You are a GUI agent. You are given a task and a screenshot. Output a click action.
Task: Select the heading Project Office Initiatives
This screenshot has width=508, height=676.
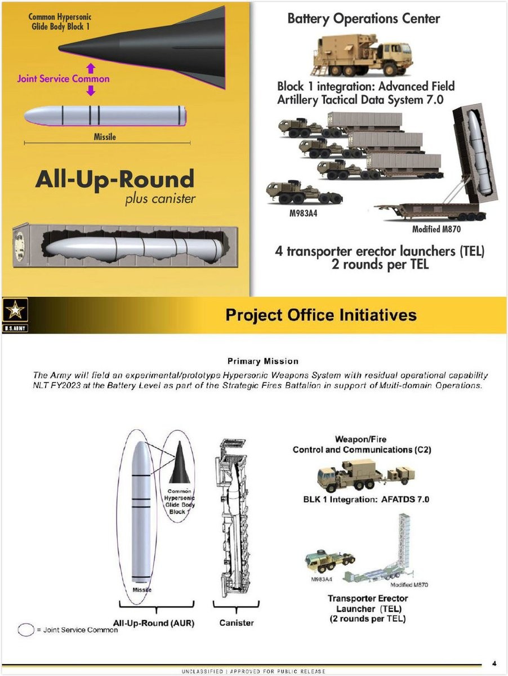click(x=320, y=314)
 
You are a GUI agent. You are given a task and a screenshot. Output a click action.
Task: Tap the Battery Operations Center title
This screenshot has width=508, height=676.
click(x=363, y=19)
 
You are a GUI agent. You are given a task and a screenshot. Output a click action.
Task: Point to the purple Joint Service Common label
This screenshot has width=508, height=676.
click(x=63, y=78)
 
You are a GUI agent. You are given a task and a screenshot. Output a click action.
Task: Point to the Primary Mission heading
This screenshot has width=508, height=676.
click(x=262, y=361)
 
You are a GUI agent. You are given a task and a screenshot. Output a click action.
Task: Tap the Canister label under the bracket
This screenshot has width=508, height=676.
click(x=236, y=622)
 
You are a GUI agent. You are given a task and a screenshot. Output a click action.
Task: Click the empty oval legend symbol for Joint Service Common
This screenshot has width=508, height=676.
click(x=25, y=629)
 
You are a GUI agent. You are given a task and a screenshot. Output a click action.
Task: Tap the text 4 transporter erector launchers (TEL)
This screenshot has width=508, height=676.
click(x=379, y=251)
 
